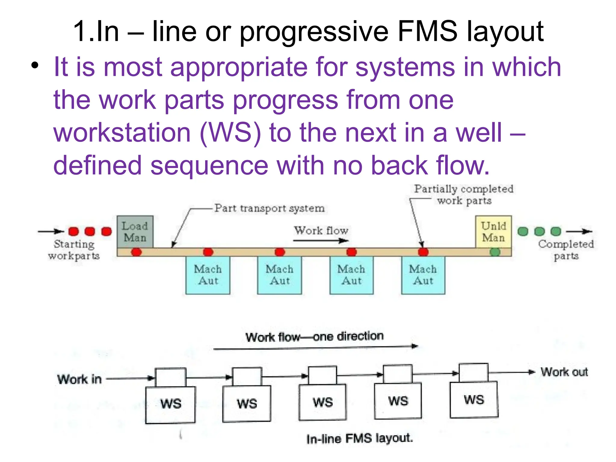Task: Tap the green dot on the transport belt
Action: [495, 252]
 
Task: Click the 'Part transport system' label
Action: [269, 208]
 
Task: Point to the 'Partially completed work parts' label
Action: [464, 195]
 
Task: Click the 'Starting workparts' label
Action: [74, 250]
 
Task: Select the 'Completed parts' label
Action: [566, 250]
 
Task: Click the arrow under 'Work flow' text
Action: [321, 241]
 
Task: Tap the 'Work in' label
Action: [79, 379]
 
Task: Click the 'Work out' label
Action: [564, 372]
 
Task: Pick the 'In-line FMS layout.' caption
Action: [360, 438]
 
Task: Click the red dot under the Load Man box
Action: [136, 252]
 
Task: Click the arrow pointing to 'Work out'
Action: [511, 372]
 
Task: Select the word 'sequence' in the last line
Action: [209, 165]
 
